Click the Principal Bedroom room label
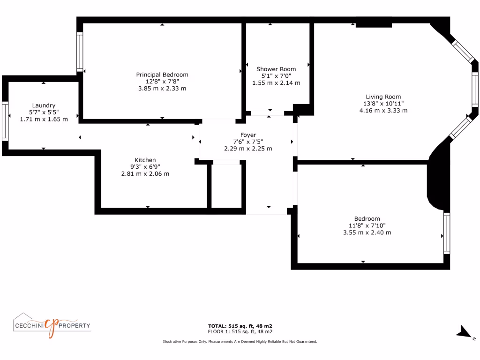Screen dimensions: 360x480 click(x=162, y=75)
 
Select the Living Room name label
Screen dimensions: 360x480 click(x=382, y=97)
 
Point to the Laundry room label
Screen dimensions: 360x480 click(x=44, y=105)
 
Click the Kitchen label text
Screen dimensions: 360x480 click(x=145, y=160)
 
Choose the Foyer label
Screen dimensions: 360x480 click(x=248, y=135)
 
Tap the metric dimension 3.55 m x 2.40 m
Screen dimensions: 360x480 click(x=367, y=232)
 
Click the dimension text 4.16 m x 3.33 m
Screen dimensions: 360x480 click(x=382, y=111)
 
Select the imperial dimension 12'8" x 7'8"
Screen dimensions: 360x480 click(x=162, y=82)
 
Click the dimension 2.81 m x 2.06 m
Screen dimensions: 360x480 click(x=145, y=173)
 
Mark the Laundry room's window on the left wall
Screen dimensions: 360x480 click(x=5, y=121)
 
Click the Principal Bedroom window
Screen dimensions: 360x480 click(x=80, y=52)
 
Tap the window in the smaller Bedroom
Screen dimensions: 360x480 click(x=446, y=233)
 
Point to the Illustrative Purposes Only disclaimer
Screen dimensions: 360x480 click(x=240, y=342)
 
